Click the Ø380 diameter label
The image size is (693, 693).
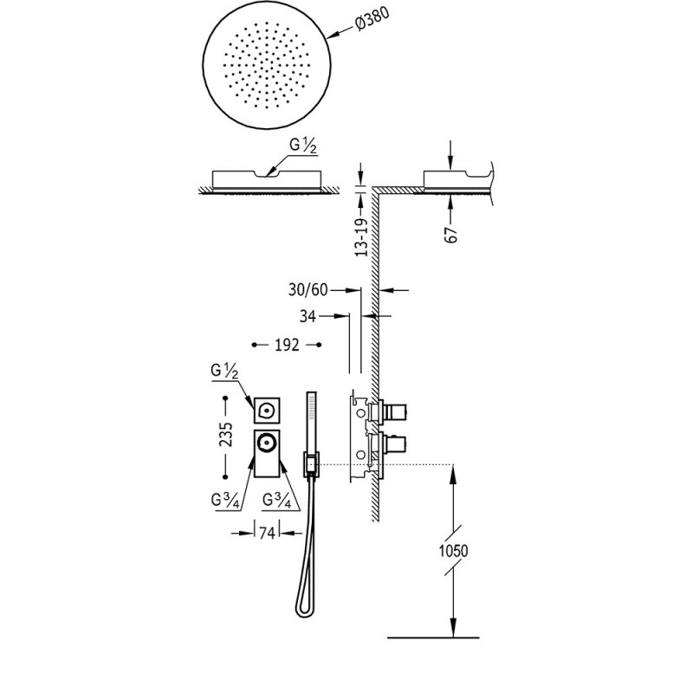click(372, 19)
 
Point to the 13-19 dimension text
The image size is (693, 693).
click(361, 237)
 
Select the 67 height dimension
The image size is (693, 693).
click(451, 235)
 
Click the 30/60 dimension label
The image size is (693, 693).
click(308, 290)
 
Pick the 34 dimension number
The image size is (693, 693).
click(308, 316)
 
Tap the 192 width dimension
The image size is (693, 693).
click(287, 345)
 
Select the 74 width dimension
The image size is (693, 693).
click(267, 534)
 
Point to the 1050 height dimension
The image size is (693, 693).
click(453, 551)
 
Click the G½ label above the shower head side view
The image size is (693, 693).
click(303, 146)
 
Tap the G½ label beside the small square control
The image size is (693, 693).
click(224, 372)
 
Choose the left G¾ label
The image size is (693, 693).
click(225, 501)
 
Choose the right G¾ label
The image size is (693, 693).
click(277, 501)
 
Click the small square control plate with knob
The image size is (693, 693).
click(267, 411)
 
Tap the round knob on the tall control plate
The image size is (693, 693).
click(267, 443)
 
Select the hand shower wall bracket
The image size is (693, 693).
click(311, 464)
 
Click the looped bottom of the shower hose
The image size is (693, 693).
click(302, 610)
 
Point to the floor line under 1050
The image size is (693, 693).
click(433, 638)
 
